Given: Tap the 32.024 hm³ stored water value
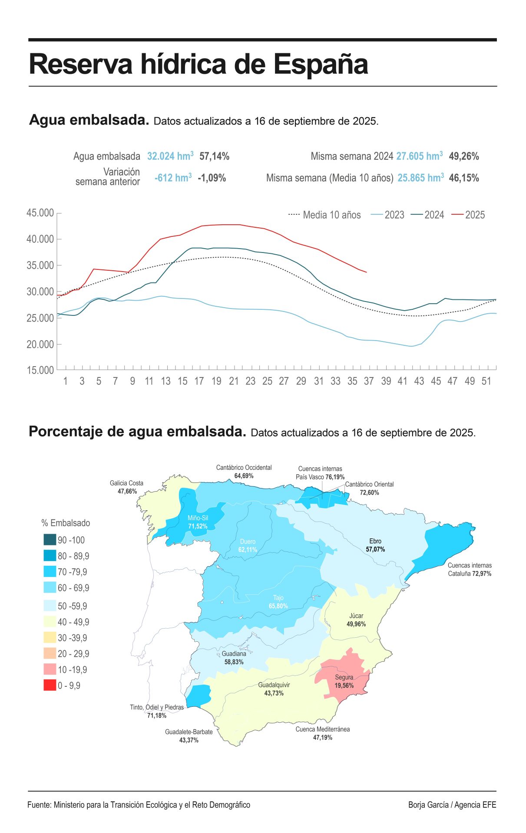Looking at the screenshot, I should (x=170, y=156).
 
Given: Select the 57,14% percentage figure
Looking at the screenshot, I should (x=214, y=156).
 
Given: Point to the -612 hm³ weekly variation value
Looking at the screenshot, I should (x=173, y=177).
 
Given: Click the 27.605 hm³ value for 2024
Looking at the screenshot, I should (x=419, y=156).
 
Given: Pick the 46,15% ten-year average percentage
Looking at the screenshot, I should (x=463, y=178).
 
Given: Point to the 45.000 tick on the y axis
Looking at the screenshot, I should (x=40, y=213).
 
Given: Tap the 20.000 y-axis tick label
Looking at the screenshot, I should (x=40, y=344).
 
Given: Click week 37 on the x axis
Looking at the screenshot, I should (x=369, y=381).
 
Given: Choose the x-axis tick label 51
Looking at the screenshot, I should (x=486, y=381).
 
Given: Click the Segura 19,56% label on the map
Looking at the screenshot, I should (x=344, y=682).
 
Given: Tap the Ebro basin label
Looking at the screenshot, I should (x=375, y=545).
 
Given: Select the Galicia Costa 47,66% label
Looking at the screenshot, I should (x=126, y=487).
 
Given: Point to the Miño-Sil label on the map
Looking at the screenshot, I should (x=198, y=522).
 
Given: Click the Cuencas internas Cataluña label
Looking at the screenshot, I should (x=470, y=570).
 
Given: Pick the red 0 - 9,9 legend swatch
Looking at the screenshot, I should (x=50, y=685).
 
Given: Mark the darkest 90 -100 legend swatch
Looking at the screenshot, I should (x=50, y=540).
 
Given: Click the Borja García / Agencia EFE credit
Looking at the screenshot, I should (x=452, y=805).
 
